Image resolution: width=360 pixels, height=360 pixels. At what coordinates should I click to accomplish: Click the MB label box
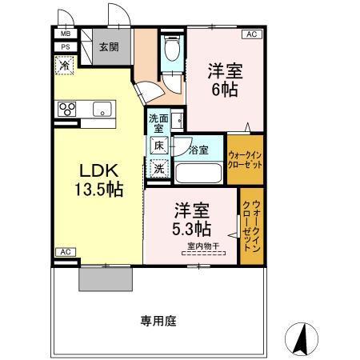pyautogui.click(x=64, y=35)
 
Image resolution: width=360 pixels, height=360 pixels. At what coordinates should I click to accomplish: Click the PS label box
pyautogui.click(x=64, y=48)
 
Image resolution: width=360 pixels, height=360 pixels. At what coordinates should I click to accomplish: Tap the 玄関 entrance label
pyautogui.click(x=109, y=47)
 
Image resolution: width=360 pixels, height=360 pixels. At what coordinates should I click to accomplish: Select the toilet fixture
pyautogui.click(x=171, y=50)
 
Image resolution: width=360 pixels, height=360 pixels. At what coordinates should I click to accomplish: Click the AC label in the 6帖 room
pyautogui.click(x=250, y=35)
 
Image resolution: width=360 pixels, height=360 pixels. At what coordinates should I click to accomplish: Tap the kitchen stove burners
pyautogui.click(x=65, y=109)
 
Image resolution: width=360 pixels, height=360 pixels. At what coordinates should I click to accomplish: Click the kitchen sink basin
pyautogui.click(x=103, y=109)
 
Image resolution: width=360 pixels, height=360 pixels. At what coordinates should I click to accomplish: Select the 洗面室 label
pyautogui.click(x=158, y=124)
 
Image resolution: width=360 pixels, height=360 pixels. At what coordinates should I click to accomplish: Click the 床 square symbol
pyautogui.click(x=159, y=146)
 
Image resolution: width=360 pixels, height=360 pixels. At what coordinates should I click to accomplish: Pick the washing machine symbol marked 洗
pyautogui.click(x=159, y=168)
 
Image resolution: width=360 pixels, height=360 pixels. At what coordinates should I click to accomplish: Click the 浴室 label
pyautogui.click(x=198, y=150)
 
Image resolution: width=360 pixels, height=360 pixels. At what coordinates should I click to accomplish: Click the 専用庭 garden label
pyautogui.click(x=158, y=320)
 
